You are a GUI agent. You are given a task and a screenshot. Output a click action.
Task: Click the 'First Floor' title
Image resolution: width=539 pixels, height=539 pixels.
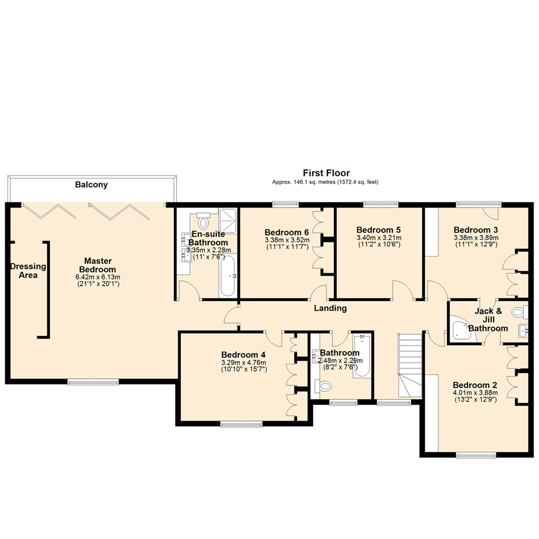[325, 173]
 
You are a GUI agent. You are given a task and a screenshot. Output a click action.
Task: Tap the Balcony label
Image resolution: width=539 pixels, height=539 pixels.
[91, 185]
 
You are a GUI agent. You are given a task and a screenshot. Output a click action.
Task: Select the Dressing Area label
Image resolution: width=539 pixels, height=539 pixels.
[28, 270]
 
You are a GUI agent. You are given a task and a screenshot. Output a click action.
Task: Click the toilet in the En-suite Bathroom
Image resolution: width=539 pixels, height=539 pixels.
[203, 221]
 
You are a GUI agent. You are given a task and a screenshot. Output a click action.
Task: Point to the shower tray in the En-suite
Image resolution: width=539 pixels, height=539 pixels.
[229, 216]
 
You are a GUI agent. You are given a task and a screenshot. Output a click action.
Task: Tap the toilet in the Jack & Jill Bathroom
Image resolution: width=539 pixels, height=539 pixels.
[520, 313]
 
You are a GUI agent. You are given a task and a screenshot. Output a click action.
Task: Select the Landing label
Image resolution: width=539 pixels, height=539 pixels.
[330, 308]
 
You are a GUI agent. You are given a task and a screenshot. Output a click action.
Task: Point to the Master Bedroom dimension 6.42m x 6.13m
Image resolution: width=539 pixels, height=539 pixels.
[97, 277]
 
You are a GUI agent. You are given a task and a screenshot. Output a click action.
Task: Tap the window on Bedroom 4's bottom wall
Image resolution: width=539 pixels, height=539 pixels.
[242, 425]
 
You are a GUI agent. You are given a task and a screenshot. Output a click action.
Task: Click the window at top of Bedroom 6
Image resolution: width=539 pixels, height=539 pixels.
[285, 204]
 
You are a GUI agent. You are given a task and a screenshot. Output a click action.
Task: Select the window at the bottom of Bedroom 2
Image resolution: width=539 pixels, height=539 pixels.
[476, 455]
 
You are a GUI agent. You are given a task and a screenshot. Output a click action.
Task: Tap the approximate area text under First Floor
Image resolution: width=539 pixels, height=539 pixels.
[325, 183]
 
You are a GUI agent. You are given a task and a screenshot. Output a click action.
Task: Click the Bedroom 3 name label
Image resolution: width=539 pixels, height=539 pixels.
[475, 230]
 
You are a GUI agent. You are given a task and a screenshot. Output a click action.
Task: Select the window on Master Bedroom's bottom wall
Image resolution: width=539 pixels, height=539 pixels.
[93, 382]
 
